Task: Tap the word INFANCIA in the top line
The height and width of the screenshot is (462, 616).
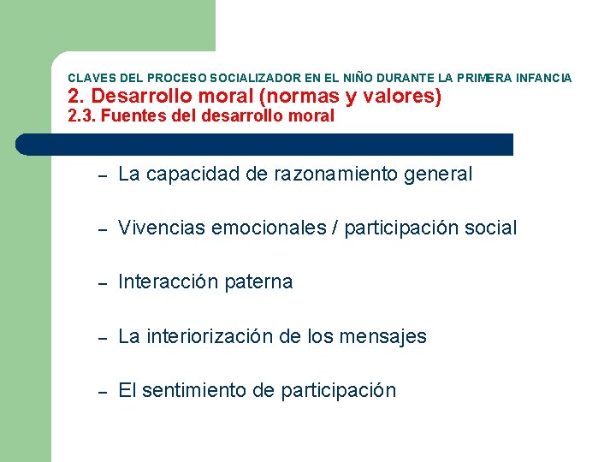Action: (x=542, y=78)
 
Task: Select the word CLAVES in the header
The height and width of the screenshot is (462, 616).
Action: (x=86, y=78)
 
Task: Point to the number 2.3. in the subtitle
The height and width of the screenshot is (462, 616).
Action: (x=81, y=116)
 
